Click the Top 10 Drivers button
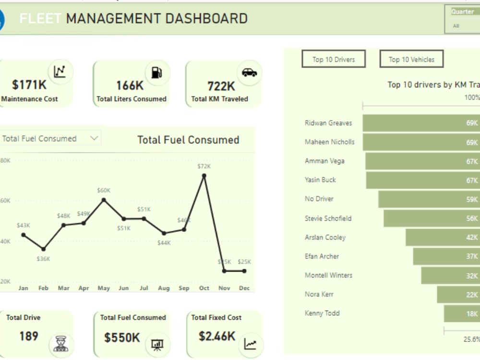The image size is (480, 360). click(x=334, y=60)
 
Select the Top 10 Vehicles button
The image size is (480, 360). click(x=411, y=60)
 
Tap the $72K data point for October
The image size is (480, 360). click(x=204, y=176)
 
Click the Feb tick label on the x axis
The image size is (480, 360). click(x=43, y=288)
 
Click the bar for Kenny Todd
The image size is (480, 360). click(x=461, y=313)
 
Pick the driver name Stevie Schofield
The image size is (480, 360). click(x=328, y=218)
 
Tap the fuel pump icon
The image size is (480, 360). click(x=156, y=72)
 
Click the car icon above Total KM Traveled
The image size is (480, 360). click(x=249, y=72)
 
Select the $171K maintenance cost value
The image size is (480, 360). click(x=29, y=85)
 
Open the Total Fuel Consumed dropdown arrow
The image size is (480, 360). click(x=94, y=138)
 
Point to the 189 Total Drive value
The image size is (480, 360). click(x=29, y=336)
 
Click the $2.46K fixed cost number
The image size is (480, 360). click(x=217, y=336)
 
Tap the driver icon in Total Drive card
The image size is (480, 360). click(x=61, y=344)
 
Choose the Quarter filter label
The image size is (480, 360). click(x=462, y=12)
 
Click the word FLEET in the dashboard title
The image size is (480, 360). click(x=40, y=19)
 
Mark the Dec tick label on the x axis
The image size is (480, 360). click(x=244, y=288)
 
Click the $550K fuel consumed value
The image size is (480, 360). click(x=122, y=337)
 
